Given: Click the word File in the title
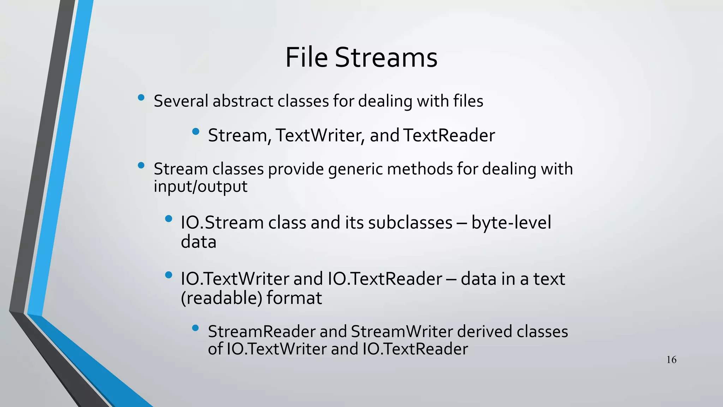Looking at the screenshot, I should point(306,57).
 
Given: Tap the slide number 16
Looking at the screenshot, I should point(671,360).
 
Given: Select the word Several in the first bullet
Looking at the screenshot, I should point(181,101).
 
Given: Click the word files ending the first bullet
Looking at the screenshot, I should point(468,101).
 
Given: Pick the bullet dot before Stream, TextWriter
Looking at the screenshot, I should point(196,132).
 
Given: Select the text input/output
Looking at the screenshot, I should point(201,187).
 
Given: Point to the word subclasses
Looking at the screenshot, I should point(410,223).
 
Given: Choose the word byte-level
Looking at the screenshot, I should point(511,223).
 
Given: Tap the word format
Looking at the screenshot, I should point(294,298).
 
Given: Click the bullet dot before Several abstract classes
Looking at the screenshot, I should point(141,98).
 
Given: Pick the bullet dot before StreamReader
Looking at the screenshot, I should point(196,328).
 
